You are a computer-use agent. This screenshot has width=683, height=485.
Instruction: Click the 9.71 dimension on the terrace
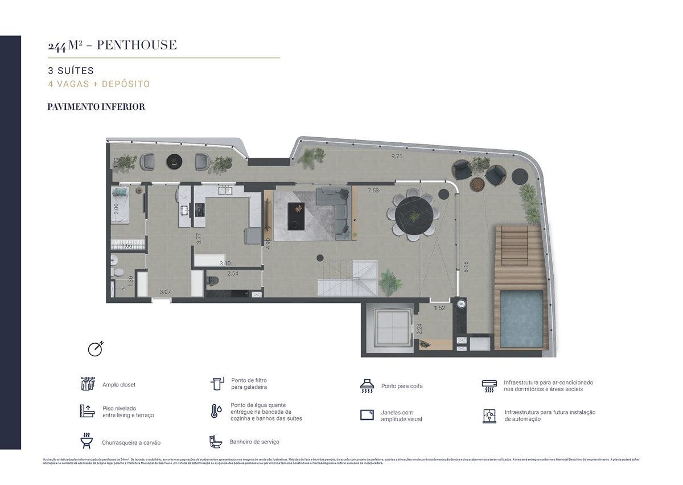click(x=396, y=157)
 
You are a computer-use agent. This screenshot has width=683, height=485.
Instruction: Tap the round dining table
click(x=414, y=216)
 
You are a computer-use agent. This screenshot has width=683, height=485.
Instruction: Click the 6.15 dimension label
click(x=466, y=265)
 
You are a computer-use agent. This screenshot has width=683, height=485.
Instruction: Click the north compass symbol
click(x=95, y=348)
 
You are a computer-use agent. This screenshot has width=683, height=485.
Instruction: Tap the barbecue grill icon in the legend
click(x=87, y=440)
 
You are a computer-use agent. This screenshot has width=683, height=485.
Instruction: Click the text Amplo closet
click(x=119, y=385)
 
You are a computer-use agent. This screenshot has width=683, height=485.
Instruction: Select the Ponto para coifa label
click(x=402, y=386)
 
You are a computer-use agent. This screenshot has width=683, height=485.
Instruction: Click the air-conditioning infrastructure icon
click(x=489, y=386)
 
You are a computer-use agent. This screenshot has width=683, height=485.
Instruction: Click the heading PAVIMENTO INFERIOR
click(x=96, y=106)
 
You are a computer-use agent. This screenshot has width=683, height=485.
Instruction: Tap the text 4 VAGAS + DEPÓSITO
click(x=99, y=84)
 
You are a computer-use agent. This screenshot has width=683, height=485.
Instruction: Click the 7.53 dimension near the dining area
click(x=373, y=190)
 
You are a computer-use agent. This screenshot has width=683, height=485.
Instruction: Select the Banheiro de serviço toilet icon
click(x=216, y=442)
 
